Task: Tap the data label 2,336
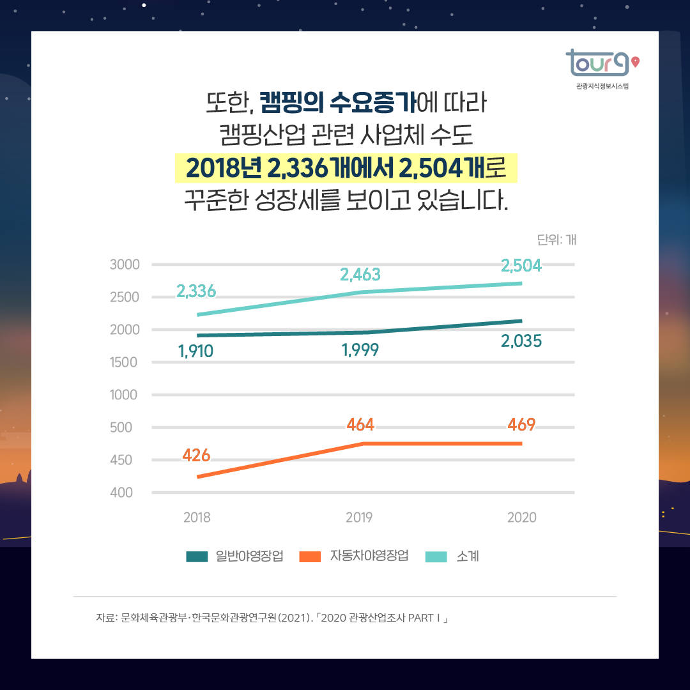(196, 292)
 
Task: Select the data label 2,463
(360, 275)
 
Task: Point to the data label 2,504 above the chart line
(521, 266)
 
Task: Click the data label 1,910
(195, 351)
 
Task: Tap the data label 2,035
(521, 341)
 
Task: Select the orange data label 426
(196, 456)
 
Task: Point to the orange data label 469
(521, 424)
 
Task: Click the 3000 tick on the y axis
(124, 264)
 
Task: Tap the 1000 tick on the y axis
(124, 395)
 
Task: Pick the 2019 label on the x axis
(359, 517)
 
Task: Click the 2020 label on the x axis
(522, 517)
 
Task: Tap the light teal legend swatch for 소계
(436, 556)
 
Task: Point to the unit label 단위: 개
(556, 240)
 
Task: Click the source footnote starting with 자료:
(272, 618)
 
